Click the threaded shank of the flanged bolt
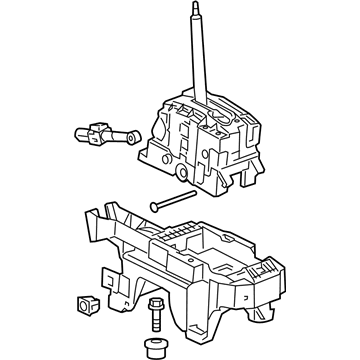157,321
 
